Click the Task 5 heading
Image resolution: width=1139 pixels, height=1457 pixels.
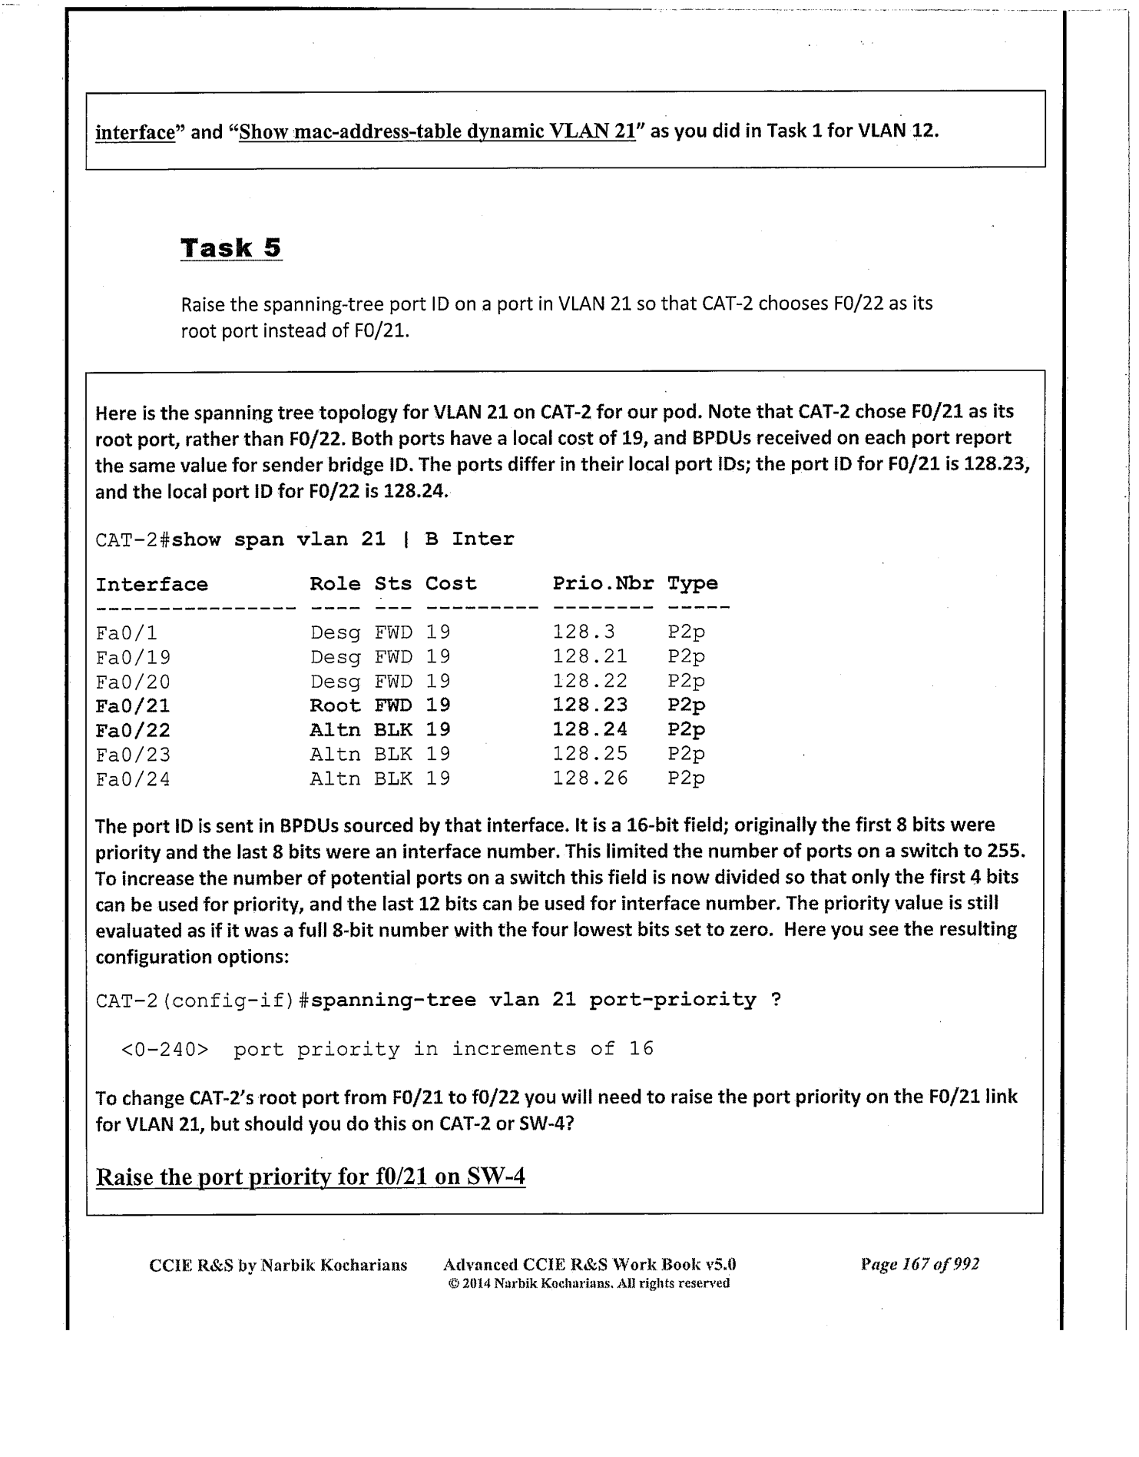[x=231, y=248]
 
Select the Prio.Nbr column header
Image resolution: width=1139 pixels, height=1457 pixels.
[x=603, y=583]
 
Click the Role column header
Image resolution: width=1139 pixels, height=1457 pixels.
[x=335, y=584]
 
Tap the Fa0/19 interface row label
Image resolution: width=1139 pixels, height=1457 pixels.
[x=133, y=658]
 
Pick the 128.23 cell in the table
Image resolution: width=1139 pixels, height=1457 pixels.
[x=590, y=705]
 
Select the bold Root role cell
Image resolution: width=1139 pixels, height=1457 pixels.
[x=335, y=705]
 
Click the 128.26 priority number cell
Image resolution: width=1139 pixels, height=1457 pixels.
[x=590, y=778]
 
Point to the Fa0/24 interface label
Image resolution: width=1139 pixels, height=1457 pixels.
[x=133, y=780]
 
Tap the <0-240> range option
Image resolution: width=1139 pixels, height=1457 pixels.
[x=165, y=1049]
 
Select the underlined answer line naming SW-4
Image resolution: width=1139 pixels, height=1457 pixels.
[x=310, y=1177]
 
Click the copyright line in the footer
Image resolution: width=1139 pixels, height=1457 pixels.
[x=588, y=1283]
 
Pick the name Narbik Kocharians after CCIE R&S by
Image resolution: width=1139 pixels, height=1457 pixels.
[x=334, y=1265]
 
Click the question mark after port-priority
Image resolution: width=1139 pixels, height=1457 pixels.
[x=776, y=1000]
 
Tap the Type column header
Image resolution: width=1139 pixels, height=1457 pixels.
[x=692, y=583]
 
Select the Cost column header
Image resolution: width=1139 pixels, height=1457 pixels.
[x=451, y=583]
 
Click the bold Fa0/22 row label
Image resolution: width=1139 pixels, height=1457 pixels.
[x=133, y=730]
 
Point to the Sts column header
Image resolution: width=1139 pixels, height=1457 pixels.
[x=392, y=584]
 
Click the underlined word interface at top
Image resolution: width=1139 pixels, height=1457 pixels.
[x=135, y=132]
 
